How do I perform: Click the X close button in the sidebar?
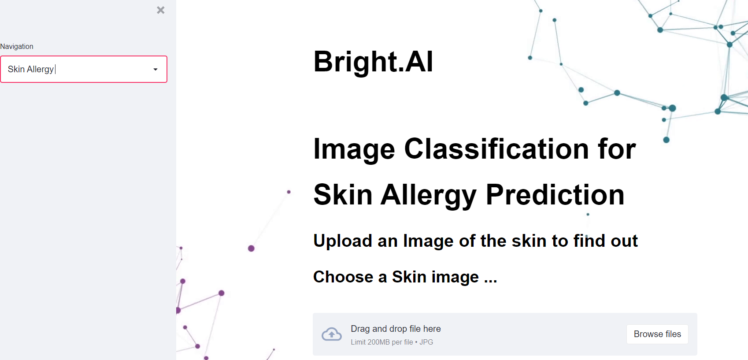pos(161,10)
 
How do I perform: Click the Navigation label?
pos(17,46)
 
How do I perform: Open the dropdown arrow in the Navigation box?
pos(155,70)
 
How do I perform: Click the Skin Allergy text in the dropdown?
pos(31,69)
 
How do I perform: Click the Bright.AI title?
pos(373,61)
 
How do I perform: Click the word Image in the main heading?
pos(354,150)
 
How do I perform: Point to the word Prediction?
pos(555,195)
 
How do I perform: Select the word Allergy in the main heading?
pos(429,195)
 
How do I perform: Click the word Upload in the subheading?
pos(343,241)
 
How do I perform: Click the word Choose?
pos(343,277)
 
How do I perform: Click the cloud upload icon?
pos(332,334)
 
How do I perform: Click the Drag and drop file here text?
pos(396,329)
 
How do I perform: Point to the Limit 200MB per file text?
pos(381,342)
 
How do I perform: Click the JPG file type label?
pos(426,342)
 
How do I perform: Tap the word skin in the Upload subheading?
pos(529,241)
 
